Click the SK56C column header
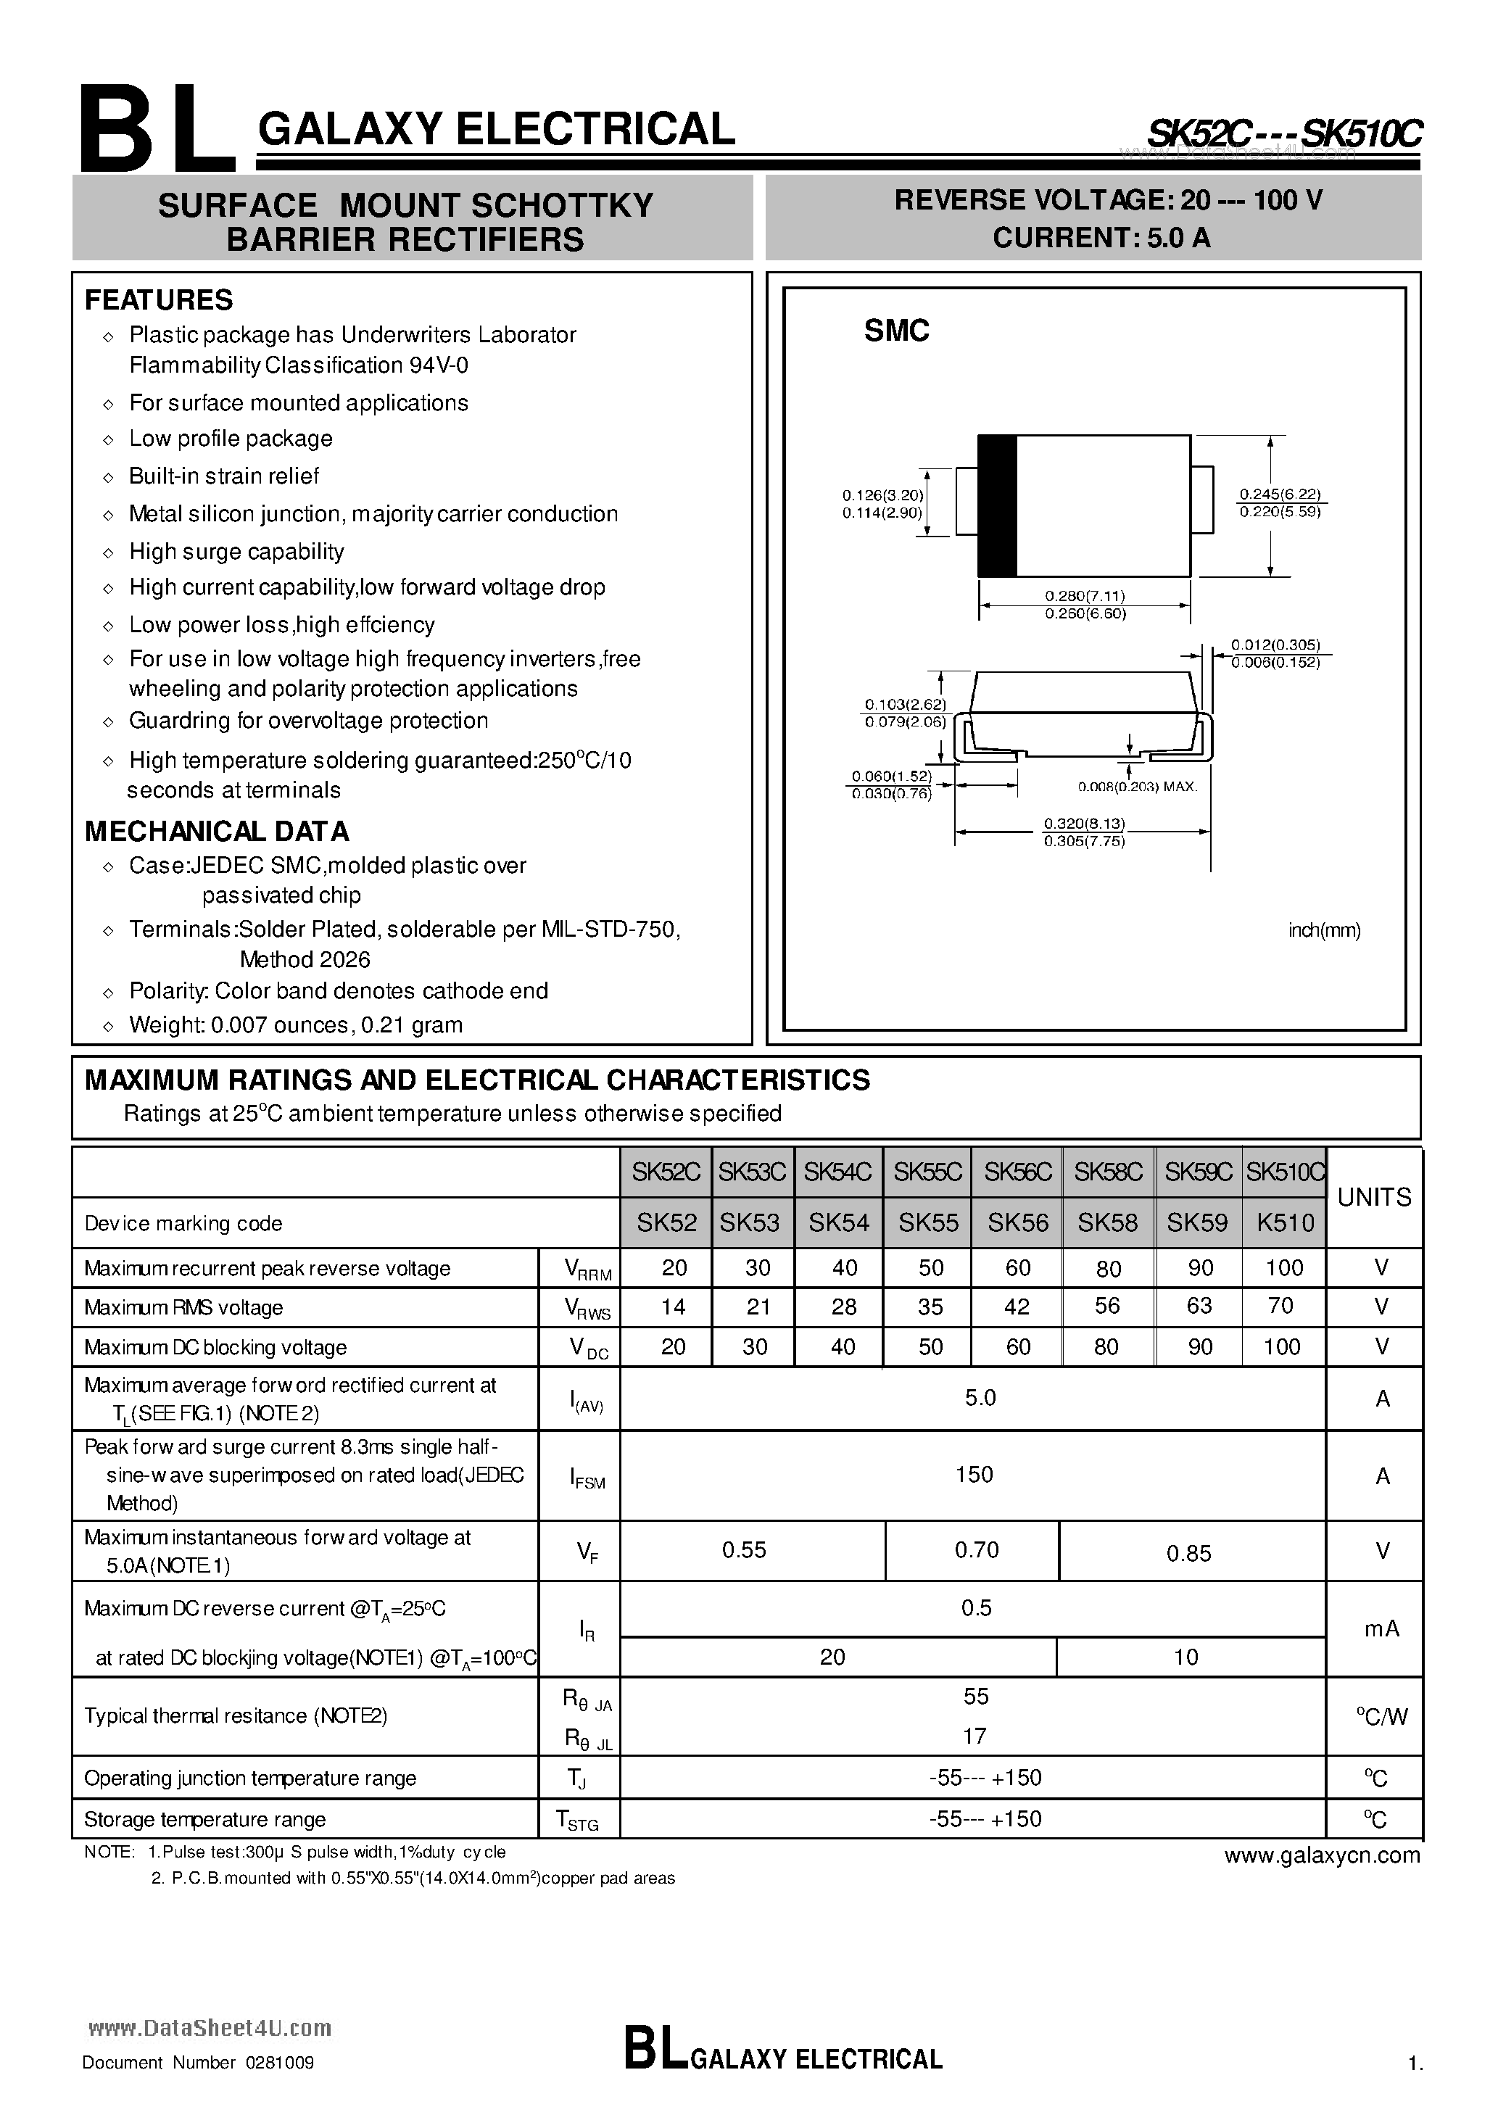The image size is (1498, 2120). pyautogui.click(x=1018, y=1172)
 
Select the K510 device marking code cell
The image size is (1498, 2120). pyautogui.click(x=1285, y=1222)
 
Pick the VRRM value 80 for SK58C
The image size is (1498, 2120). pyautogui.click(x=1108, y=1269)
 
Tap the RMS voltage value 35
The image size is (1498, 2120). pyautogui.click(x=930, y=1307)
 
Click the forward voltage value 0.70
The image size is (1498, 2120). pyautogui.click(x=976, y=1549)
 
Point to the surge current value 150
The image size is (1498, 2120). pyautogui.click(x=974, y=1474)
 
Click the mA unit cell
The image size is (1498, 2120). pyautogui.click(x=1382, y=1628)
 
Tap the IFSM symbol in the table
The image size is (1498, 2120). pyautogui.click(x=587, y=1478)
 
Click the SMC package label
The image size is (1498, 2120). pyautogui.click(x=896, y=331)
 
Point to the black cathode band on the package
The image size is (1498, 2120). pyautogui.click(x=998, y=505)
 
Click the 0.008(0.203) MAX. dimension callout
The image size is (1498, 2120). pyautogui.click(x=1137, y=787)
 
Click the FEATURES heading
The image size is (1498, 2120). pyautogui.click(x=159, y=300)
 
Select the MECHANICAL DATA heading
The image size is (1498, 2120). pyautogui.click(x=217, y=831)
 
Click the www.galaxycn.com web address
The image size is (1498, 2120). pyautogui.click(x=1322, y=1855)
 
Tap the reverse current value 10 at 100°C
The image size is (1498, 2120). pyautogui.click(x=1185, y=1657)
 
